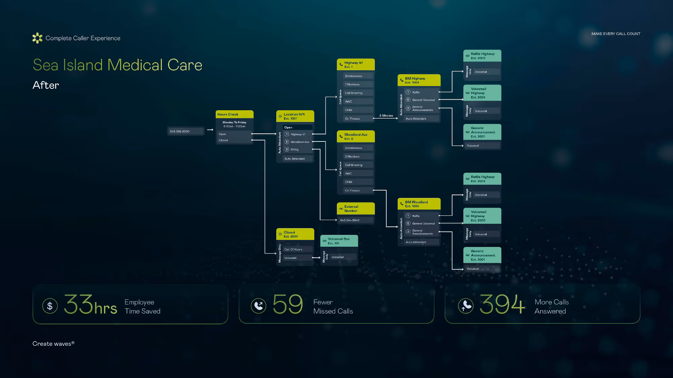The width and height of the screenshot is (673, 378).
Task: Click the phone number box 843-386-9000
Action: click(185, 131)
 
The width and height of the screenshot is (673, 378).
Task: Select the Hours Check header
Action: click(234, 115)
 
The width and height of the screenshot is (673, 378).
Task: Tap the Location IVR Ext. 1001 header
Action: click(295, 116)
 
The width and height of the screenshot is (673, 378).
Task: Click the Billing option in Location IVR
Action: click(295, 150)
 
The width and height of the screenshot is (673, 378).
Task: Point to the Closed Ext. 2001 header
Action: click(295, 234)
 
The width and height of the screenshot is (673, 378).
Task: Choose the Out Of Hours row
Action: click(293, 249)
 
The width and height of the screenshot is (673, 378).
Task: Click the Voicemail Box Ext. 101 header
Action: click(339, 241)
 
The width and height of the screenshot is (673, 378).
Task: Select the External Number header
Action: click(356, 209)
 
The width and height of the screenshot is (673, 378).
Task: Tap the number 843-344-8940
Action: click(350, 220)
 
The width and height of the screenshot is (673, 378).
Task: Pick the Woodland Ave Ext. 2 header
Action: click(356, 136)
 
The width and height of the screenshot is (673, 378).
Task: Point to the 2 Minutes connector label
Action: click(386, 116)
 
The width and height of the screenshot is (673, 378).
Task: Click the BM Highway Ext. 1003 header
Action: click(419, 80)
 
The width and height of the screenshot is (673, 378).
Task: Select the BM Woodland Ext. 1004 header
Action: click(419, 204)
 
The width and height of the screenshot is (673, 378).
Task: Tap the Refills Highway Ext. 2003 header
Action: click(482, 56)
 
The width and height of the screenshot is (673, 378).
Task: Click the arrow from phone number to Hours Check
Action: click(210, 130)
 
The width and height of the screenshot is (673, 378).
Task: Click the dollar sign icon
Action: click(50, 306)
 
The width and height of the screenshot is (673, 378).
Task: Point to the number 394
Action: click(502, 304)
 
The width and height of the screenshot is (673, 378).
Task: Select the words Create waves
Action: click(52, 344)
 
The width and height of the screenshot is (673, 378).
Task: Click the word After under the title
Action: click(46, 85)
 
